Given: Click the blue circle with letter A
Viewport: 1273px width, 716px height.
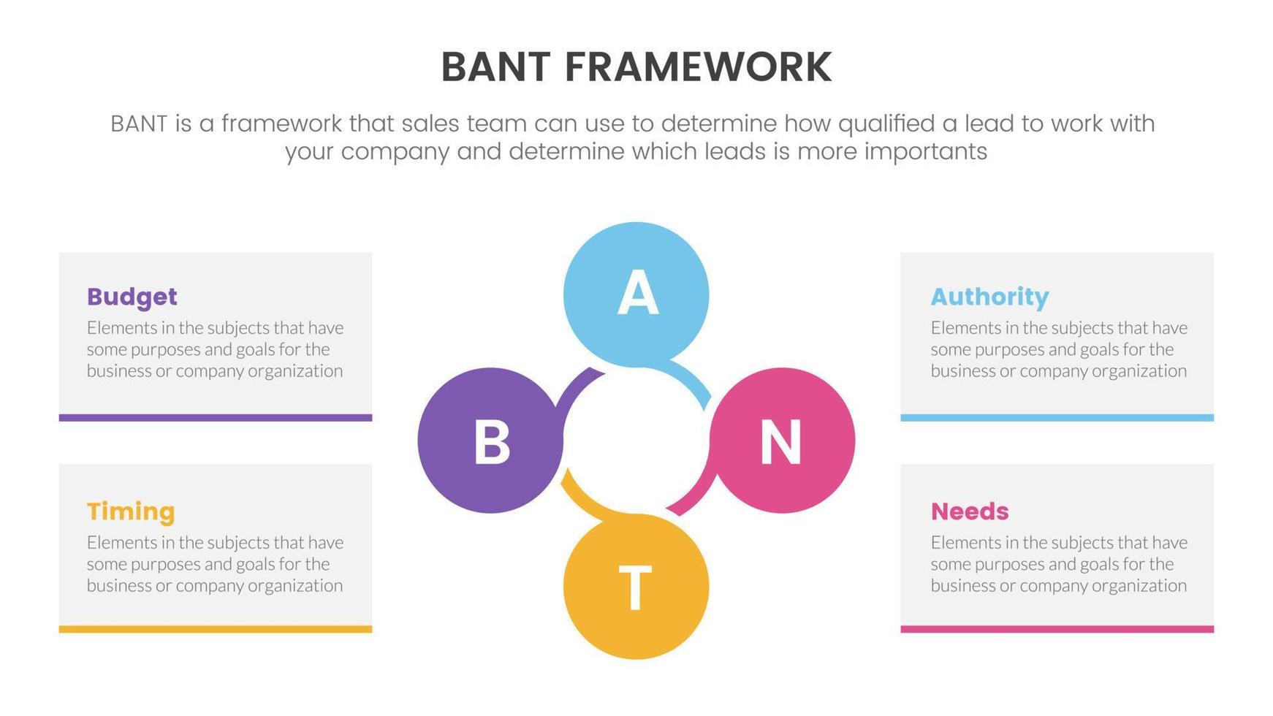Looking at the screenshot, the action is point(636,294).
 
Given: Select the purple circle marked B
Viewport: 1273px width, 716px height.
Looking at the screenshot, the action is point(490,441).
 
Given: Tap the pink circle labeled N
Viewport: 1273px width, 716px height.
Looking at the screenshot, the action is point(782,441).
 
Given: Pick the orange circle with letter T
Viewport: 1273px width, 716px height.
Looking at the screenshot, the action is point(636,587).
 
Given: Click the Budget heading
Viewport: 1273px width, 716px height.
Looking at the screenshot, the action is point(132,297).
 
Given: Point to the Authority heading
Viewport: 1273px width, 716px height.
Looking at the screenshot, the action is point(989,297).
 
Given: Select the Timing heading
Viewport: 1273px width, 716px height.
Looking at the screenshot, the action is point(131,511).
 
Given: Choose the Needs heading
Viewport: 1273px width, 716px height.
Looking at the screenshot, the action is point(970,511).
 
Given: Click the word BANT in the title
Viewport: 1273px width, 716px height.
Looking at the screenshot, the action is point(495,67).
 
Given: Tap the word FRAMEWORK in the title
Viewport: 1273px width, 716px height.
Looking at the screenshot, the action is point(698,67).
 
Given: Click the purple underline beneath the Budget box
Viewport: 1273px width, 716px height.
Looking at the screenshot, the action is point(216,418).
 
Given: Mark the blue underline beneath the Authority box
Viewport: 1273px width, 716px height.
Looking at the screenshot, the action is point(1057,418).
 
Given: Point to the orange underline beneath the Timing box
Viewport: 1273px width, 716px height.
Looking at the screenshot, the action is point(216,629).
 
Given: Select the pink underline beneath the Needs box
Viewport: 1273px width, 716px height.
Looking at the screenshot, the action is point(1057,629).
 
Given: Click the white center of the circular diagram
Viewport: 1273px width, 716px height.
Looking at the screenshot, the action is point(636,441).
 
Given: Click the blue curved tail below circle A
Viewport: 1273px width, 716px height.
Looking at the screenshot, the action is point(694,378).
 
